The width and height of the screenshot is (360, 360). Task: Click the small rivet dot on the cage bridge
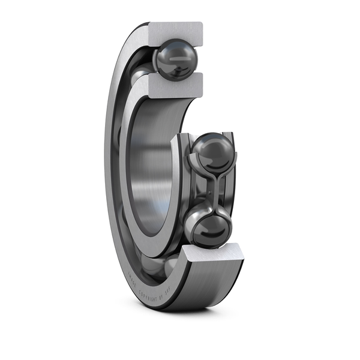[x=211, y=191]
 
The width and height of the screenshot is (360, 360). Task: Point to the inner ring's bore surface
[x=147, y=174]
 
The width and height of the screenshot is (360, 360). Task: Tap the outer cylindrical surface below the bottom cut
[x=204, y=288]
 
